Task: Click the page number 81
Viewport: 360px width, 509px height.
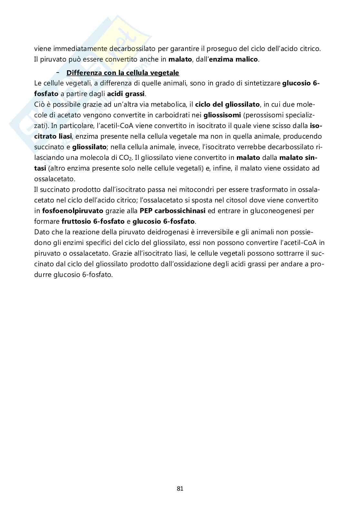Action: [180, 489]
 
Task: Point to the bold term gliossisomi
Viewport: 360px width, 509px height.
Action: [222, 115]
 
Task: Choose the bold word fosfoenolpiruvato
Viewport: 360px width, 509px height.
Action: [73, 211]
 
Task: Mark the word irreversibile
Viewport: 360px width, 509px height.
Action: [212, 232]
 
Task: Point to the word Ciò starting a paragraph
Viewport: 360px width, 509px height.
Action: [39, 104]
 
